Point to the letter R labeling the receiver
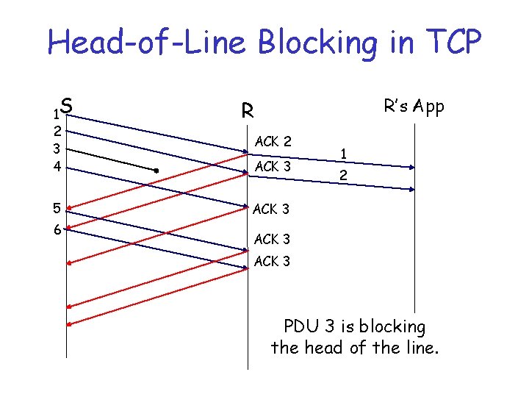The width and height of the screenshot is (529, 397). point(248,112)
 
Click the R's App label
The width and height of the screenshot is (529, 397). point(414,107)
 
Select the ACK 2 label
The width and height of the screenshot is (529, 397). point(273,141)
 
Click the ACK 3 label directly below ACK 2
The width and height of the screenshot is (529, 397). point(273,167)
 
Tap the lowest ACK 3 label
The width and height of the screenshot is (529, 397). point(272,261)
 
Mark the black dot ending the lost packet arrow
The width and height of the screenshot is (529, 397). point(157,171)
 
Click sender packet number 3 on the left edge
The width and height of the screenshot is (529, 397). point(56,149)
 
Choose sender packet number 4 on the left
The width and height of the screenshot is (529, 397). point(56,167)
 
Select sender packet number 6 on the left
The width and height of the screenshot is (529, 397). point(56,230)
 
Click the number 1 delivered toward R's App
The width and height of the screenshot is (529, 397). point(343,154)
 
